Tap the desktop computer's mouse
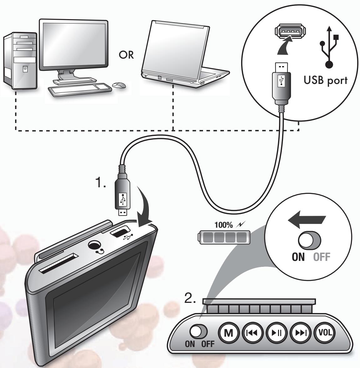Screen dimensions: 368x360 pyautogui.click(x=119, y=85)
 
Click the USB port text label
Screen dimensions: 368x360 pyautogui.click(x=325, y=80)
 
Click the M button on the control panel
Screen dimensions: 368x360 pyautogui.click(x=229, y=333)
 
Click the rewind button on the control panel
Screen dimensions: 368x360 pyautogui.click(x=253, y=333)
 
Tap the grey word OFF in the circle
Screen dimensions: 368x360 pyautogui.click(x=322, y=257)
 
